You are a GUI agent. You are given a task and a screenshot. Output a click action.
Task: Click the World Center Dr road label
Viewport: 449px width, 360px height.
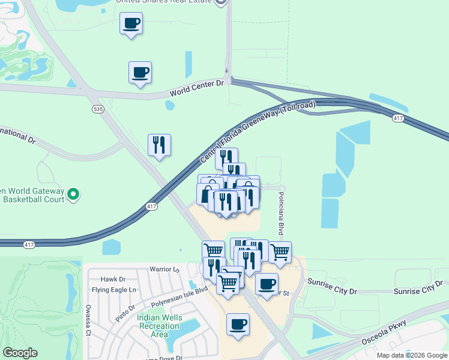196,88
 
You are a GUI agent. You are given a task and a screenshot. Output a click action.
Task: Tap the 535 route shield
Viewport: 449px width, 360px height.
98,109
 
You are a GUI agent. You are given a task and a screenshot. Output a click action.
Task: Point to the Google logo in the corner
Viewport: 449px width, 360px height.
20,353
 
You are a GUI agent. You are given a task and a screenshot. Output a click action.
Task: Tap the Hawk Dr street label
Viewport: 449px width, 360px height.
113,279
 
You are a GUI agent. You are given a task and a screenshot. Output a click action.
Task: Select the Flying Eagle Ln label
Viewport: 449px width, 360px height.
115,290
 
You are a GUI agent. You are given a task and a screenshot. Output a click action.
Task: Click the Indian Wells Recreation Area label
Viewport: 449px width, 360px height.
158,326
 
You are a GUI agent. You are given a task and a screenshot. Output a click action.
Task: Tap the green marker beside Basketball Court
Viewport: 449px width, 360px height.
73,194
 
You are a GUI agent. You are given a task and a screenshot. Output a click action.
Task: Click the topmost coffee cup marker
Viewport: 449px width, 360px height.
131,23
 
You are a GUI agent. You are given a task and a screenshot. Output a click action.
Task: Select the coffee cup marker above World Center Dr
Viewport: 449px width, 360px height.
140,72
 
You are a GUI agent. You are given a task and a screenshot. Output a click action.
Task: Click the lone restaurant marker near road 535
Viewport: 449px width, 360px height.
159,145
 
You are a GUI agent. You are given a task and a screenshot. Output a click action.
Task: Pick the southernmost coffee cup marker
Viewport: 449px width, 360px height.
238,324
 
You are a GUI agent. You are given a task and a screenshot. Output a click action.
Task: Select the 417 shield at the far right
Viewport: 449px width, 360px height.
398,119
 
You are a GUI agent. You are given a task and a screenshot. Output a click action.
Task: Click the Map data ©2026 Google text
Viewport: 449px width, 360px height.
412,355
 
